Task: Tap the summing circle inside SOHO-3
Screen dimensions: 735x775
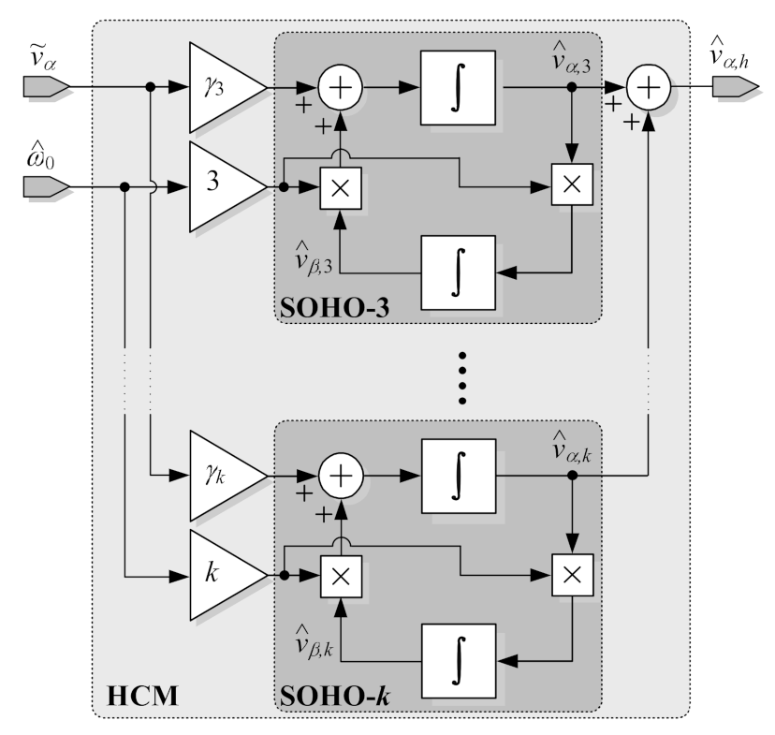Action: click(341, 89)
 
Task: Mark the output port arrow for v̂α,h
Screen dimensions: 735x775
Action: click(734, 88)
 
